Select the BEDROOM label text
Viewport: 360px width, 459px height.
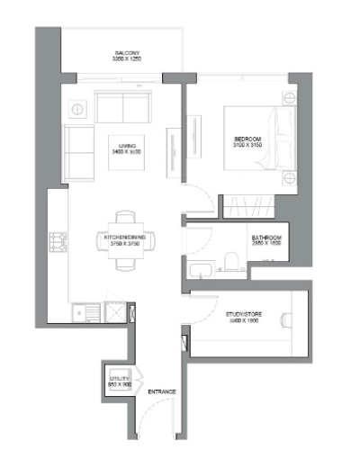[x=246, y=137]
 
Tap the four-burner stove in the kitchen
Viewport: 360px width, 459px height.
[x=59, y=241]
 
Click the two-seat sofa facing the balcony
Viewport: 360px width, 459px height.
[x=123, y=108]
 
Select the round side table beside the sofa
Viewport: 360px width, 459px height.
[x=76, y=108]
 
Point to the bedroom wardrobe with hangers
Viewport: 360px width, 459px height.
[x=246, y=204]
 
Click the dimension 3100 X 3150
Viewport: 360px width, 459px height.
[x=246, y=144]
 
